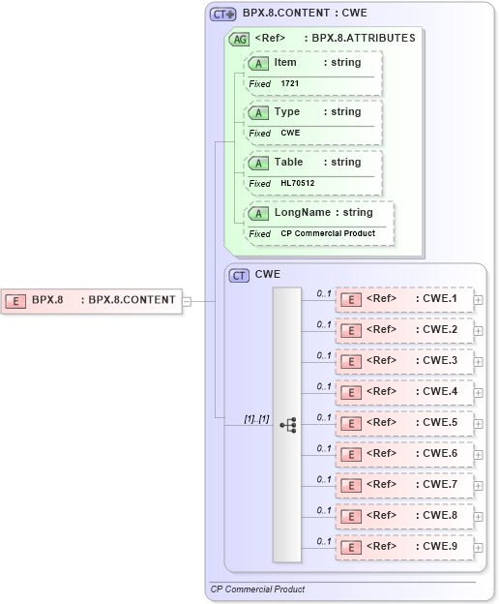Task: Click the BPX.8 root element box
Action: (x=92, y=300)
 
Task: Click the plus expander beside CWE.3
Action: (x=479, y=362)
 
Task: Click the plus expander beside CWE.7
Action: (x=479, y=486)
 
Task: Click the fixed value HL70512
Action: (x=297, y=183)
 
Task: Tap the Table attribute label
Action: (x=288, y=163)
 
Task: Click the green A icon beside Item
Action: (x=258, y=63)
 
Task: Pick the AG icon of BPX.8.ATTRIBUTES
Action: (x=238, y=40)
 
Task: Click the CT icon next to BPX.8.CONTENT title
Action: (x=223, y=15)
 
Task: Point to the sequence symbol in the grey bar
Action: (x=287, y=425)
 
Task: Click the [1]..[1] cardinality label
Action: (x=255, y=418)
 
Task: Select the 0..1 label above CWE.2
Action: (x=324, y=324)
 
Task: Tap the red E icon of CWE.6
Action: (x=353, y=454)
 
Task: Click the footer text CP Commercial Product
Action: (x=257, y=589)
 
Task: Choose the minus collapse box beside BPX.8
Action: (x=187, y=300)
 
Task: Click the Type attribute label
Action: (x=287, y=112)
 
